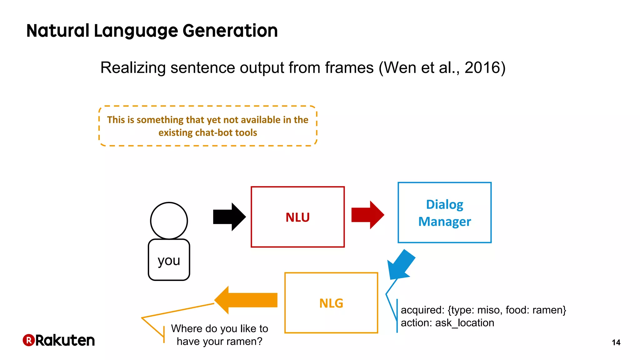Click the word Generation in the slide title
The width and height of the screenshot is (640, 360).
coord(230,31)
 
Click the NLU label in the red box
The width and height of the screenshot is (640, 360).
coord(297,217)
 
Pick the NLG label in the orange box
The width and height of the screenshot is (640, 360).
coord(331,303)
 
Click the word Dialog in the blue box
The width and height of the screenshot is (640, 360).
coord(444,205)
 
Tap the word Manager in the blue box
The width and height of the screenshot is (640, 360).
coord(444,222)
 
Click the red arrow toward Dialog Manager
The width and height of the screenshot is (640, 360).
coord(367,215)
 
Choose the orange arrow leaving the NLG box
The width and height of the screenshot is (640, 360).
coord(247,300)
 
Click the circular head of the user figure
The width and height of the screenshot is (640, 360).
coord(169,221)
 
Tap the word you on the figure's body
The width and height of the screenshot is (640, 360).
coord(169,260)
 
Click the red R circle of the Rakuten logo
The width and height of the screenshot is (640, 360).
coord(28,340)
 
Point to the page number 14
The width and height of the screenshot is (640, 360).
coord(616,342)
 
